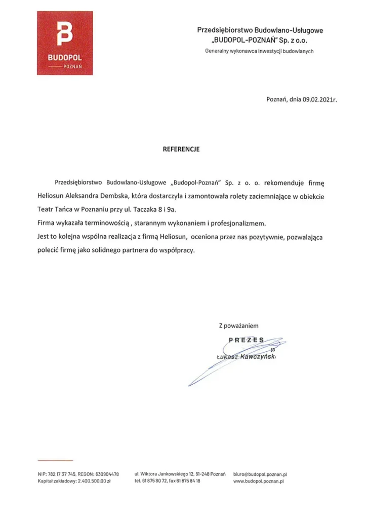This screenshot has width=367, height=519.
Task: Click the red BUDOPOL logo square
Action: point(64,43)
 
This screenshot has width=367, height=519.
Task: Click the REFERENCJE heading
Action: point(181,150)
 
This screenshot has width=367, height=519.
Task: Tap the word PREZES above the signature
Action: point(246,340)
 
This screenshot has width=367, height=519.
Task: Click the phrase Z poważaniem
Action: point(238,325)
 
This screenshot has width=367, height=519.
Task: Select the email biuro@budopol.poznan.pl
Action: point(261,474)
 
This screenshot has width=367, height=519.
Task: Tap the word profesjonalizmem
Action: point(240,223)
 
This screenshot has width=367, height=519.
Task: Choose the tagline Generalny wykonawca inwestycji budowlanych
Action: point(260,51)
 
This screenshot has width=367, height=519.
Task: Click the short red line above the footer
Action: point(55,460)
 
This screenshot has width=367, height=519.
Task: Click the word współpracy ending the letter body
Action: point(177,250)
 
